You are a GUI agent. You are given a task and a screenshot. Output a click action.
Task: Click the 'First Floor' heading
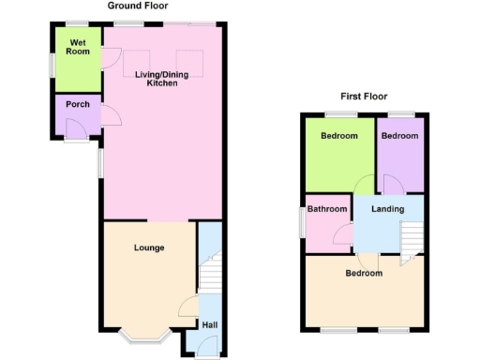364,96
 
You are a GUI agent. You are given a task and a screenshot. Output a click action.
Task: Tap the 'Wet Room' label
78,47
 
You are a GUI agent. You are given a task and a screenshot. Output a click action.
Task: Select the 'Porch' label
78,104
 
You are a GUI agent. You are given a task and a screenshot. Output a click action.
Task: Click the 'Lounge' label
149,248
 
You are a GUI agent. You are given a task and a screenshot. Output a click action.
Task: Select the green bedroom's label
338,136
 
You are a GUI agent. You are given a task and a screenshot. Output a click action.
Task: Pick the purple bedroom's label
400,136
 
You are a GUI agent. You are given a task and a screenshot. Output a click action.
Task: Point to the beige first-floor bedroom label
364,274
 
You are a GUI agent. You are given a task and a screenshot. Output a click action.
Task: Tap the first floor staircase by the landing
412,241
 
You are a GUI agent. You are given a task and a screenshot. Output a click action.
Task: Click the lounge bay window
148,337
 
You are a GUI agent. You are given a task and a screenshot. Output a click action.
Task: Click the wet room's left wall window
52,62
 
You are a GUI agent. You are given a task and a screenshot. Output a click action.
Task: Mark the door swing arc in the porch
109,116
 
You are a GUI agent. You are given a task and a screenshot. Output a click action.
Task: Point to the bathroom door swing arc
344,233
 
